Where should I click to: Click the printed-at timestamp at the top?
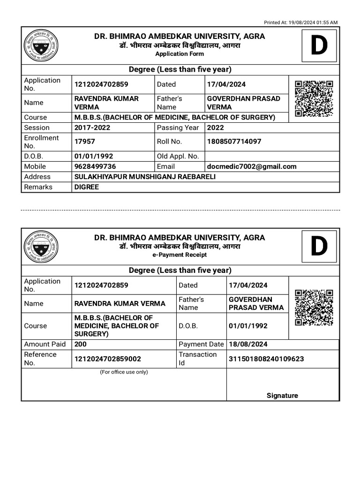(x=300, y=22)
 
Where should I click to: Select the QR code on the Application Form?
(x=314, y=98)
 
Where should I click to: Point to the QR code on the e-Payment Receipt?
(x=314, y=307)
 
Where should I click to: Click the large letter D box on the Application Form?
(x=319, y=46)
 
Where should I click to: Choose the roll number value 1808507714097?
(x=234, y=142)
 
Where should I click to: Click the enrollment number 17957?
(x=84, y=142)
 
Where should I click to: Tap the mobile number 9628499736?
(x=95, y=166)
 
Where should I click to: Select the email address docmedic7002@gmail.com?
(x=251, y=166)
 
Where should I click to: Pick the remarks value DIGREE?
(x=87, y=187)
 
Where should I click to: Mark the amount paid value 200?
(x=80, y=344)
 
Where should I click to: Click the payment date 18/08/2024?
(x=248, y=344)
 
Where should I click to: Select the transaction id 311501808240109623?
(x=266, y=359)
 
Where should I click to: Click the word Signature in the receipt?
(x=282, y=395)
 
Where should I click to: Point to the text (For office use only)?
(x=124, y=372)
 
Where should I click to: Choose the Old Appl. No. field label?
(x=178, y=156)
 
